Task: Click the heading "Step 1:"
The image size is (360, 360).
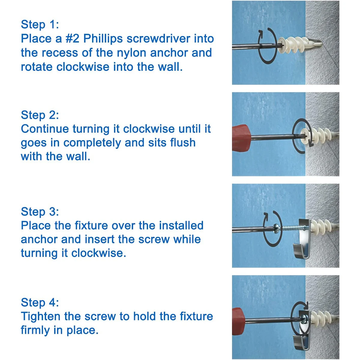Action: [x=40, y=25]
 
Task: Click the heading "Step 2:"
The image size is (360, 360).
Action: [x=40, y=115]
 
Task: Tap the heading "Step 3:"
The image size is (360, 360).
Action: [x=40, y=212]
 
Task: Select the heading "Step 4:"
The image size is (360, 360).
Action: [x=40, y=302]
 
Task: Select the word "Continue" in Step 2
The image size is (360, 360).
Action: [x=45, y=129]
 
